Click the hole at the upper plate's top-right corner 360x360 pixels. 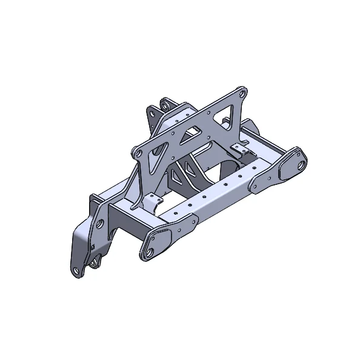point(241,95)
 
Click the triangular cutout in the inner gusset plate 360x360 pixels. point(176,176)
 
